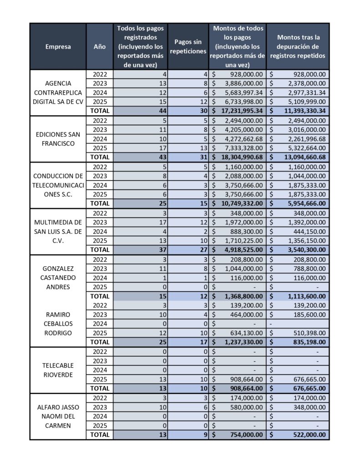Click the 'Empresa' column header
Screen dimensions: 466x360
[x=58, y=46]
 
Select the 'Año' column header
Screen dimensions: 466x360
[x=100, y=46]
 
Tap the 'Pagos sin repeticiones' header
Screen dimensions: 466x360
[x=188, y=46]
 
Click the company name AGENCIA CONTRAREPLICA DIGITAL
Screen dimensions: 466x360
[x=58, y=92]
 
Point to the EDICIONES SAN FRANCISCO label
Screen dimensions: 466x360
[x=58, y=139]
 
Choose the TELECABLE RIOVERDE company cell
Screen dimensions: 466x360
[x=58, y=370]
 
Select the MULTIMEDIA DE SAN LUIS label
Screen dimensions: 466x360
[x=58, y=231]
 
